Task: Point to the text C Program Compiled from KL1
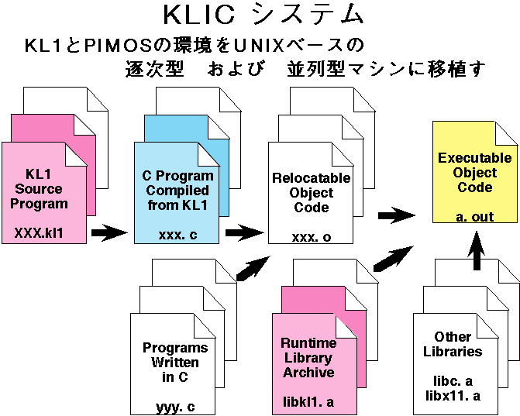tap(177, 190)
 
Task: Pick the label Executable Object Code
tap(474, 172)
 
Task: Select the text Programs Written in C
tap(175, 363)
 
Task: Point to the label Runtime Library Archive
tap(308, 358)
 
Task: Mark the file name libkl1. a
tap(309, 401)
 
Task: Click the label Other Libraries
tap(453, 344)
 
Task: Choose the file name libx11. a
tap(453, 397)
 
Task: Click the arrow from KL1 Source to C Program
tap(109, 231)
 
